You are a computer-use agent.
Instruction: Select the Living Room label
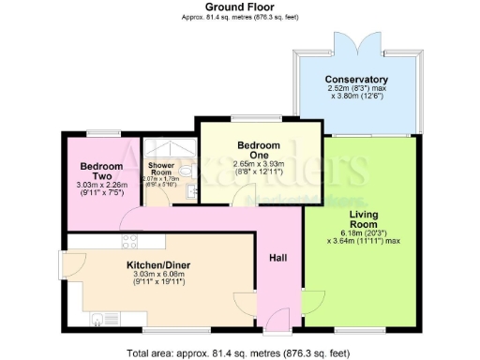tap(363, 220)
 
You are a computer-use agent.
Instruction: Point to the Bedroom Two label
tap(97, 171)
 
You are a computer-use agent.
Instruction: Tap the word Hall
tap(277, 258)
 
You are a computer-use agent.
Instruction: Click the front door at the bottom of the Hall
tap(277, 329)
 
